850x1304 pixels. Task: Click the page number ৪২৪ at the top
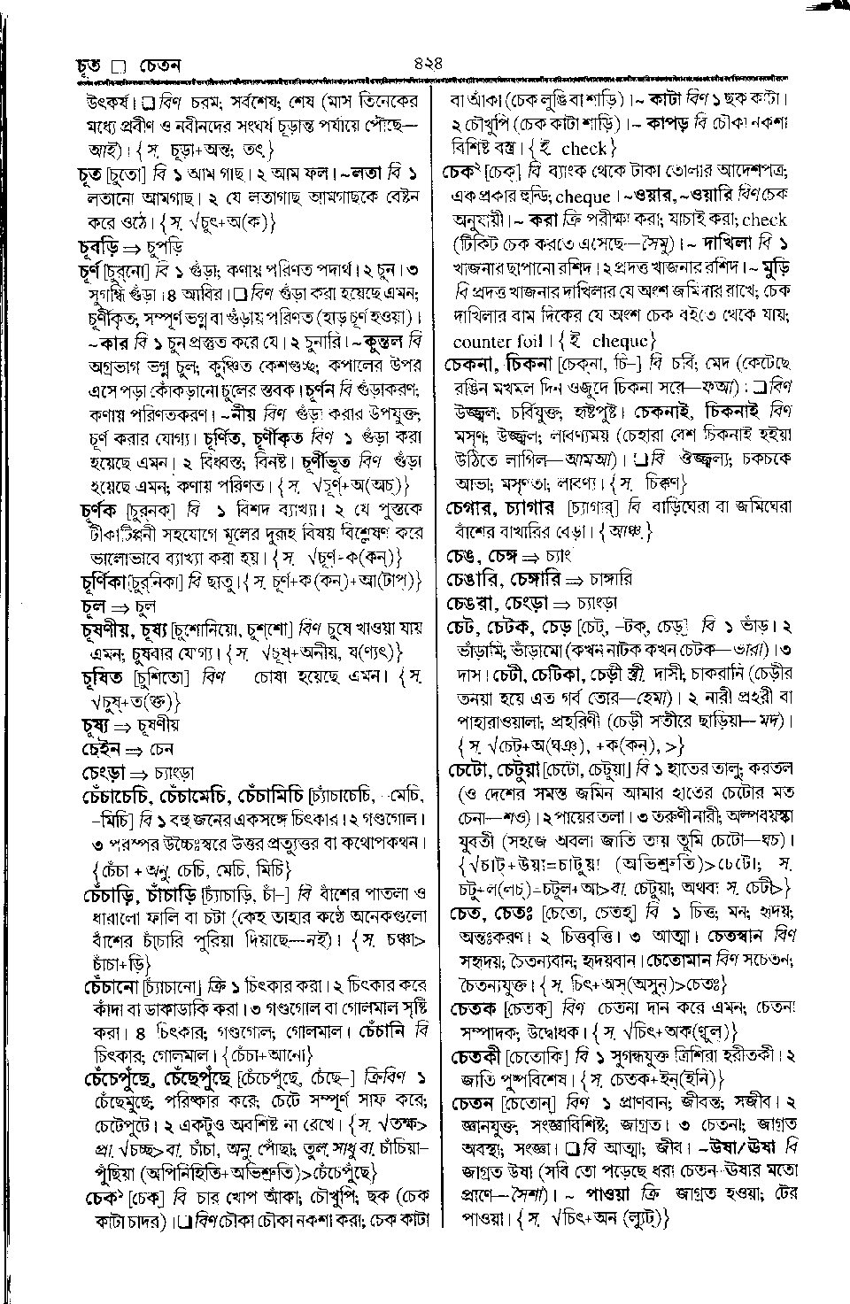(x=427, y=64)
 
